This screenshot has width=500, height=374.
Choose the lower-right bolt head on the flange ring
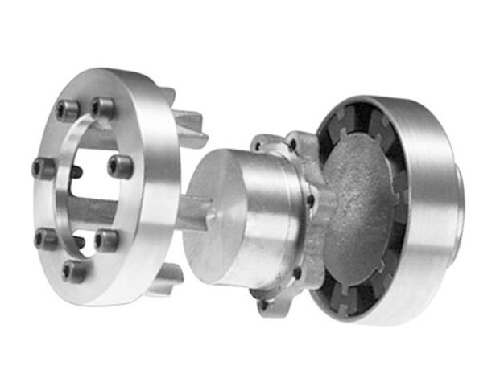pos(105,240)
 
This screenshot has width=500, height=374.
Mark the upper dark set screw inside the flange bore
pos(75,171)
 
